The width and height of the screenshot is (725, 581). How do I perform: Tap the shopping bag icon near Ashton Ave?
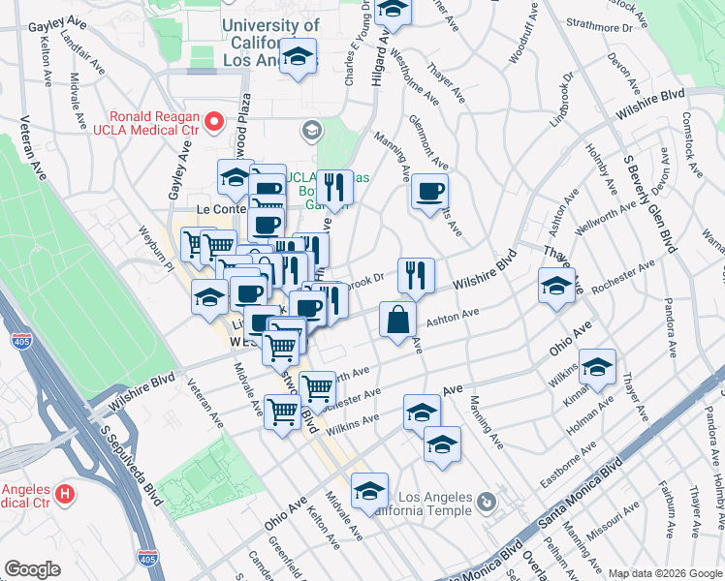[x=397, y=319]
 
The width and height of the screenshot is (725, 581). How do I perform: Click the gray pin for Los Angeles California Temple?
[x=487, y=502]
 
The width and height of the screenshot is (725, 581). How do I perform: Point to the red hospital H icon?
[x=65, y=494]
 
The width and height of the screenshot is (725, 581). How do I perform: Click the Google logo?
[x=32, y=569]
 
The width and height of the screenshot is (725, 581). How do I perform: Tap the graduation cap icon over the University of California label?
[x=301, y=54]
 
